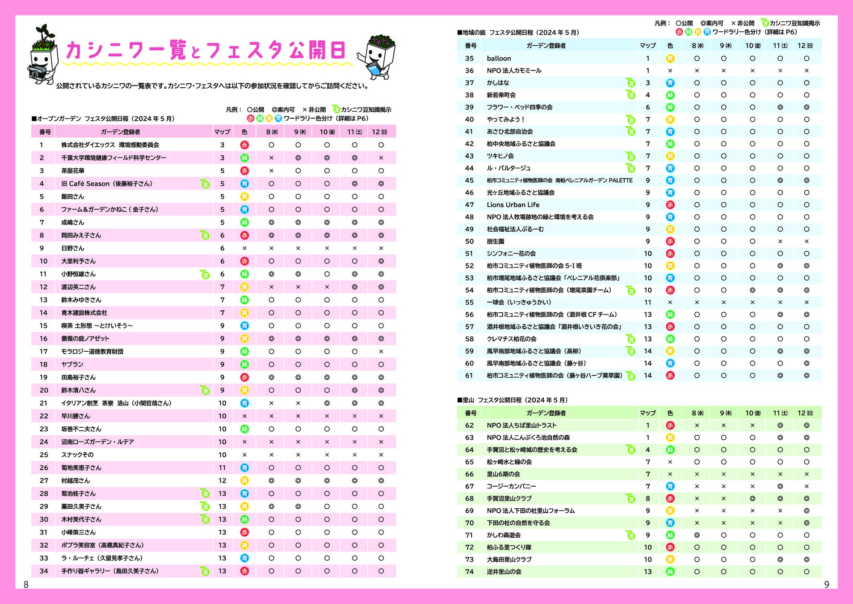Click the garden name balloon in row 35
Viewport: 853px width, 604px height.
point(499,59)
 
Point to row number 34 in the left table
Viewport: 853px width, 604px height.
point(43,571)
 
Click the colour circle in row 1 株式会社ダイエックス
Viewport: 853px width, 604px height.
point(244,145)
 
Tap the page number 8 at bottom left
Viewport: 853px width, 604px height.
point(26,584)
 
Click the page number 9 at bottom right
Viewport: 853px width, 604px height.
point(826,584)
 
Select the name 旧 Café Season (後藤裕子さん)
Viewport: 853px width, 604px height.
point(107,184)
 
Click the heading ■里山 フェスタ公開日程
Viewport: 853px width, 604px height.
point(512,400)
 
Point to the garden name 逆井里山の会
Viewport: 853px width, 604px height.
point(504,572)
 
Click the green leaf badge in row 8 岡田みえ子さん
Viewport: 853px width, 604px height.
point(205,235)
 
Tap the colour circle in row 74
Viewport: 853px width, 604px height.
point(670,572)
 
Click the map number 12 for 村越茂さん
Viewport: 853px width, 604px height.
point(222,481)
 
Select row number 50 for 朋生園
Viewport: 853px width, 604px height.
point(469,242)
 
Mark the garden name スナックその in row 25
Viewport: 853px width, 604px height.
point(77,455)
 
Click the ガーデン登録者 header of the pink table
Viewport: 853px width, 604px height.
point(120,132)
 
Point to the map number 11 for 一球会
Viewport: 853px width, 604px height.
point(647,302)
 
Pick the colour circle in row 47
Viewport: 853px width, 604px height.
point(670,205)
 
